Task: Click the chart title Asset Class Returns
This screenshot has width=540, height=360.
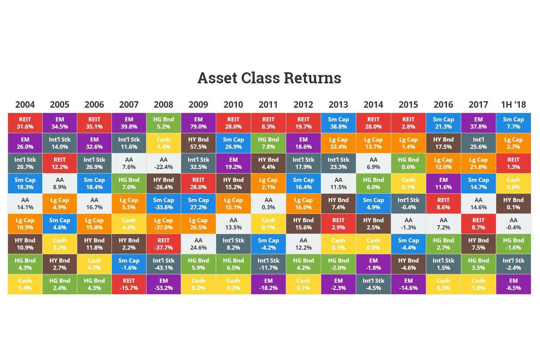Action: (269, 78)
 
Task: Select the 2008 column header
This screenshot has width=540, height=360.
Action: (164, 105)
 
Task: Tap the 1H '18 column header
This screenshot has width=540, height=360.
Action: (513, 105)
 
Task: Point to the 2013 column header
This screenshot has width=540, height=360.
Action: (338, 105)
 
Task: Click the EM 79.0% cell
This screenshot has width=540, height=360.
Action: (198, 123)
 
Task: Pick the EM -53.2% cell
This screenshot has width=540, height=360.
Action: (164, 284)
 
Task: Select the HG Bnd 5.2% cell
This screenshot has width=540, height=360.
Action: (164, 123)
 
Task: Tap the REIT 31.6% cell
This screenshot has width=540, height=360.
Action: (25, 123)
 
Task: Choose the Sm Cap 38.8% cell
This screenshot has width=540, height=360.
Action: (338, 123)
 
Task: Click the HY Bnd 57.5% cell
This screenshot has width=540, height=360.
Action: (198, 143)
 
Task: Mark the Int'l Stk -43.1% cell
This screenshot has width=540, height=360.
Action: (164, 264)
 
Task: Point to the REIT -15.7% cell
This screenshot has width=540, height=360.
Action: (129, 284)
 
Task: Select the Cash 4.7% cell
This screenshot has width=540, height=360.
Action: (94, 264)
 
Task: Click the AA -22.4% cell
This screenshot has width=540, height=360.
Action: (164, 163)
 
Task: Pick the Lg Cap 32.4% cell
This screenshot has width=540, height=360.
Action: (338, 143)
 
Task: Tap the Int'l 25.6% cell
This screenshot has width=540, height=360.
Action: (478, 143)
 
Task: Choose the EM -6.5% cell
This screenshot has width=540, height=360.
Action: (513, 284)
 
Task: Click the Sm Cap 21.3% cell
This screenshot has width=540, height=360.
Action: (443, 123)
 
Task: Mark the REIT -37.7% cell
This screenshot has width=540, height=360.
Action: (164, 244)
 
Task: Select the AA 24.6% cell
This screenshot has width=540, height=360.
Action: (198, 244)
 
